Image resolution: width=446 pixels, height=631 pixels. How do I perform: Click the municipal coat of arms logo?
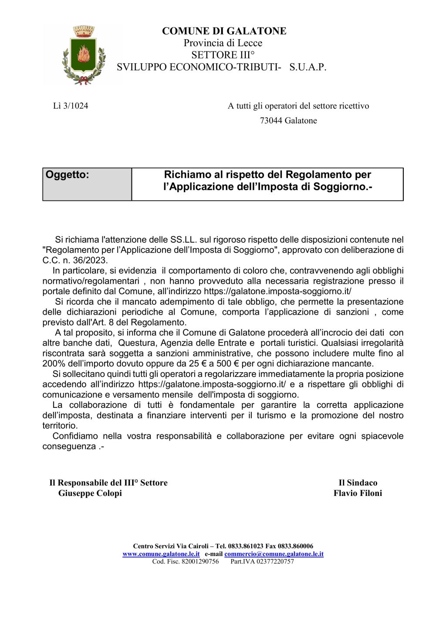(84, 55)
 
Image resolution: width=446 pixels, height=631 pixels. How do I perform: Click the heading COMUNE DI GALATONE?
(224, 31)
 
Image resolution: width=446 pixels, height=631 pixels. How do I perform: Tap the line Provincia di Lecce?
(223, 43)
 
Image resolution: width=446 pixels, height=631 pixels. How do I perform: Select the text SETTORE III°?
(223, 55)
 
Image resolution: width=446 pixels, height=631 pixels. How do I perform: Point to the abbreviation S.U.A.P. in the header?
(307, 67)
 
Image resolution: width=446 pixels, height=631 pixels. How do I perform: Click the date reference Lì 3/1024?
(71, 106)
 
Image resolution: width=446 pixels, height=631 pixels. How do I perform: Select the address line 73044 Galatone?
(288, 121)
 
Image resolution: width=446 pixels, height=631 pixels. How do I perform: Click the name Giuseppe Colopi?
(90, 493)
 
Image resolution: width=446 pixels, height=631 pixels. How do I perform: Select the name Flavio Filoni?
(358, 493)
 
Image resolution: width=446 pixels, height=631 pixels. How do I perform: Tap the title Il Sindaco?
(358, 483)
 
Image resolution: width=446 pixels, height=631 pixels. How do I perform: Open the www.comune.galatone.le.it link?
(161, 554)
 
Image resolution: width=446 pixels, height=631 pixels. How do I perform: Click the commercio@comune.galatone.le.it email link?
(274, 554)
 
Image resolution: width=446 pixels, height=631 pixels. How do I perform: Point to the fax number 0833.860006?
(295, 546)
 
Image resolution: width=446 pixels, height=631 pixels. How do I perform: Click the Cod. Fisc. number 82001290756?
(200, 561)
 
